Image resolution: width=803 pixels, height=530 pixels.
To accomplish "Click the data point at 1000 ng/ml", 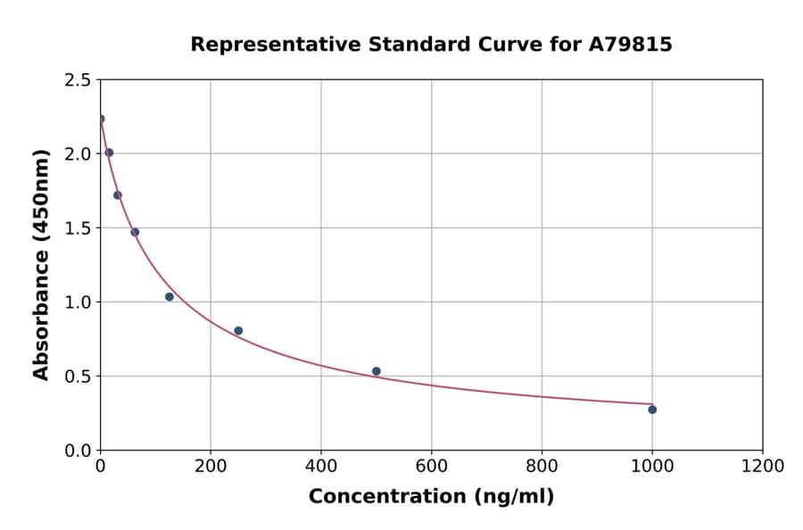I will click(x=652, y=410).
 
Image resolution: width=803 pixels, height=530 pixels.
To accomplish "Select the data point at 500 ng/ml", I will click(x=377, y=371).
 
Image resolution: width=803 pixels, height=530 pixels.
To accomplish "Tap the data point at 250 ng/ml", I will click(x=238, y=331).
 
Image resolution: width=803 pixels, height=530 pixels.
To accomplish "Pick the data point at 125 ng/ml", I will click(x=170, y=297).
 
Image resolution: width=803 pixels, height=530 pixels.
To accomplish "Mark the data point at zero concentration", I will click(x=101, y=119).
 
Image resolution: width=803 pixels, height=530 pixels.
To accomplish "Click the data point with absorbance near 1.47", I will click(x=135, y=232).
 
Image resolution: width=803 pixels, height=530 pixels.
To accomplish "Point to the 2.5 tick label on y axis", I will click(x=78, y=80).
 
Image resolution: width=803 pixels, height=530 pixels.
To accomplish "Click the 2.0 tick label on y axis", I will click(x=78, y=154).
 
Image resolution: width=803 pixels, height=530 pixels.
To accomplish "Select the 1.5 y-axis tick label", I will click(x=78, y=228).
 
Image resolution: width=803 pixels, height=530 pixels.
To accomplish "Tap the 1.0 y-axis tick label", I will click(x=78, y=302).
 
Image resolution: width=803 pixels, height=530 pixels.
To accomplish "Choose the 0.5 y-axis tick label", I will click(x=78, y=377).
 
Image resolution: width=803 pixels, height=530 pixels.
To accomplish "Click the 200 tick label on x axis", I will click(x=211, y=467).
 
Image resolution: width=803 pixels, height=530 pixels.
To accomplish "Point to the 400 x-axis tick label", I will click(x=321, y=467).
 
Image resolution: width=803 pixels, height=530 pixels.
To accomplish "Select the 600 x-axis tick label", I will click(x=432, y=467).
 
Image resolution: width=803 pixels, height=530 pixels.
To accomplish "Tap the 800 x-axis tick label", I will click(x=542, y=467).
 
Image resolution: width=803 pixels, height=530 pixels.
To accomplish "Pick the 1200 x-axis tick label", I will click(x=763, y=467).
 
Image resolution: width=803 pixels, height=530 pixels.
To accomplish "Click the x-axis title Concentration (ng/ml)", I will click(x=431, y=497).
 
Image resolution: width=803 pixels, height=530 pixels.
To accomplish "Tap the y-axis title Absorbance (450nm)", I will click(x=41, y=265).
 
